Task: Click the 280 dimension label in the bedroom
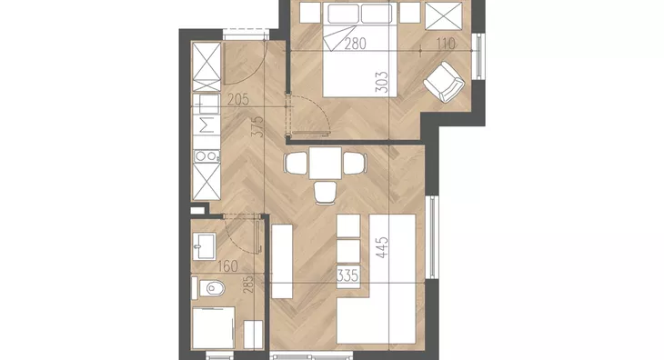355,44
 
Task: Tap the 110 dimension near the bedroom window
446,44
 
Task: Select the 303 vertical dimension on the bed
381,82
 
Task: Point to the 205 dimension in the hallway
238,100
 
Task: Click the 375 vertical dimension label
257,126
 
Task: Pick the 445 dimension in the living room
381,247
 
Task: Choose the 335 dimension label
347,275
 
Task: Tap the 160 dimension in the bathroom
227,266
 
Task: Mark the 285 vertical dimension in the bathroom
248,285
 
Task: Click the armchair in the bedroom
444,82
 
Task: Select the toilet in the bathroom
211,288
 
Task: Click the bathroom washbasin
205,246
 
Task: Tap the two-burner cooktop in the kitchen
206,156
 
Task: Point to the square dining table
326,163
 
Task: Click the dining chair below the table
326,193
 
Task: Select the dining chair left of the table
296,163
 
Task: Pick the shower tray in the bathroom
214,328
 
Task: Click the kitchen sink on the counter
206,104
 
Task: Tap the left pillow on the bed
344,14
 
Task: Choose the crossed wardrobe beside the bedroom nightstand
444,16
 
